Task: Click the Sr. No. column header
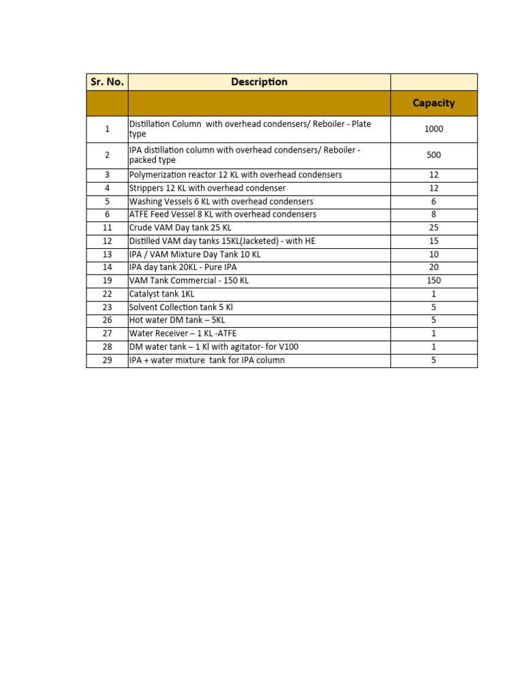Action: pyautogui.click(x=107, y=82)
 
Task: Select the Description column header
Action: pyautogui.click(x=259, y=82)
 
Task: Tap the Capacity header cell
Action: pyautogui.click(x=434, y=103)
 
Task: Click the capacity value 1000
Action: pyautogui.click(x=434, y=129)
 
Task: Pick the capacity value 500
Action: pyautogui.click(x=434, y=155)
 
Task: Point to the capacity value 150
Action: pyautogui.click(x=434, y=280)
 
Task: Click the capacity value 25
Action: pyautogui.click(x=434, y=228)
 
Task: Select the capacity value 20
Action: pyautogui.click(x=434, y=267)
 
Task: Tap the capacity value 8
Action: pyautogui.click(x=434, y=214)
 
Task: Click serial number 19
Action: pyautogui.click(x=107, y=280)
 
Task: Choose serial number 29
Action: pyautogui.click(x=107, y=360)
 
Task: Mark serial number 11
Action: pyautogui.click(x=107, y=228)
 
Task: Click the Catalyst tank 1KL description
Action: pyautogui.click(x=162, y=294)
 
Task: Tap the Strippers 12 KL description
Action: pyautogui.click(x=208, y=188)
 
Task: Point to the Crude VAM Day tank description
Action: pyautogui.click(x=180, y=228)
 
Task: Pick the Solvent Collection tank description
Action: pyautogui.click(x=181, y=307)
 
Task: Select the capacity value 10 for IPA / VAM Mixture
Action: pyautogui.click(x=434, y=254)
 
